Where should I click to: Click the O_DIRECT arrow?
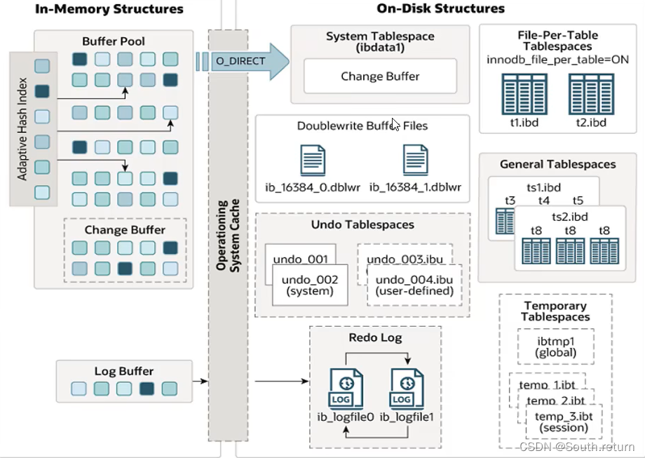242,61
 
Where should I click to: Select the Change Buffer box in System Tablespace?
380,76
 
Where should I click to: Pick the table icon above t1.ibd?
520,93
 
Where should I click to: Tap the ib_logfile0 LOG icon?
346,390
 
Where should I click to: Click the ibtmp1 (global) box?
555,346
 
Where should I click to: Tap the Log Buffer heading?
123,371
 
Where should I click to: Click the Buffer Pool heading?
114,41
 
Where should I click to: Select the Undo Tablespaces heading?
362,224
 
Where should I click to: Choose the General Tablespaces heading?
557,164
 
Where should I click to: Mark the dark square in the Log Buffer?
147,389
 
